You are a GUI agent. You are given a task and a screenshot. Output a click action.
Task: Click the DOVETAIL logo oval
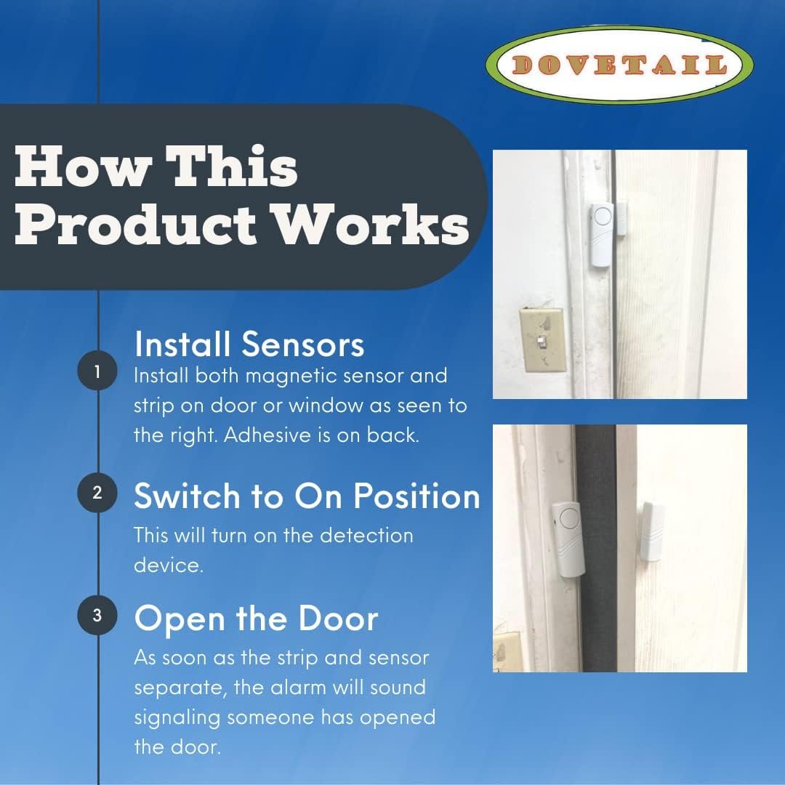click(619, 65)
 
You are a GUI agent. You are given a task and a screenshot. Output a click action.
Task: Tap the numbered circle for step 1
click(97, 371)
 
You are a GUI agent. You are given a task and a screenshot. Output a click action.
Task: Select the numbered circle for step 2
click(97, 493)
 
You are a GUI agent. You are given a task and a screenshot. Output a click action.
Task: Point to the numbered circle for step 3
click(97, 615)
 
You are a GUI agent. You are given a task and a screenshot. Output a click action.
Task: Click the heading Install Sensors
click(249, 345)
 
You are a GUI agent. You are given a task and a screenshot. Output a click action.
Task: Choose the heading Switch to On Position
click(307, 496)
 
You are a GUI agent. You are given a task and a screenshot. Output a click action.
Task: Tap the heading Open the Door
click(256, 619)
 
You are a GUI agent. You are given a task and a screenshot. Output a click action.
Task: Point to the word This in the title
click(231, 166)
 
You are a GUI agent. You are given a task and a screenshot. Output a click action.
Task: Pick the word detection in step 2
click(366, 535)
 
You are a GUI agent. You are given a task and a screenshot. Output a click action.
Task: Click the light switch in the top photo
click(543, 340)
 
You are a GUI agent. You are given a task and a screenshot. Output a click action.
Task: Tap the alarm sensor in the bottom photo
click(568, 539)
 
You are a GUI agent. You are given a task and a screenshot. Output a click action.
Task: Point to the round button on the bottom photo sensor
click(570, 519)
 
